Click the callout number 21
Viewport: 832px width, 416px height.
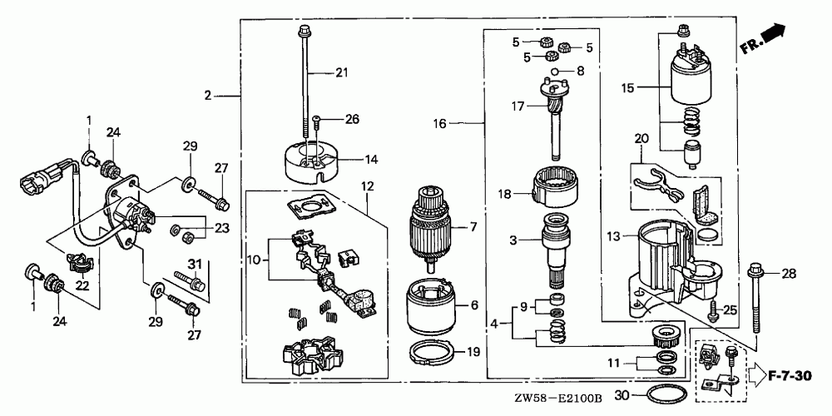point(340,73)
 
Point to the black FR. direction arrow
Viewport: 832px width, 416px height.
point(773,35)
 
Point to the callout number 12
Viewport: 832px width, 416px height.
point(368,185)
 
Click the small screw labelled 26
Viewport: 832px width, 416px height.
point(319,121)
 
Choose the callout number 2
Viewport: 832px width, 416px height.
point(208,97)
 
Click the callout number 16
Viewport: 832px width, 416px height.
point(440,123)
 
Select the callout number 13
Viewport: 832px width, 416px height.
point(614,237)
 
